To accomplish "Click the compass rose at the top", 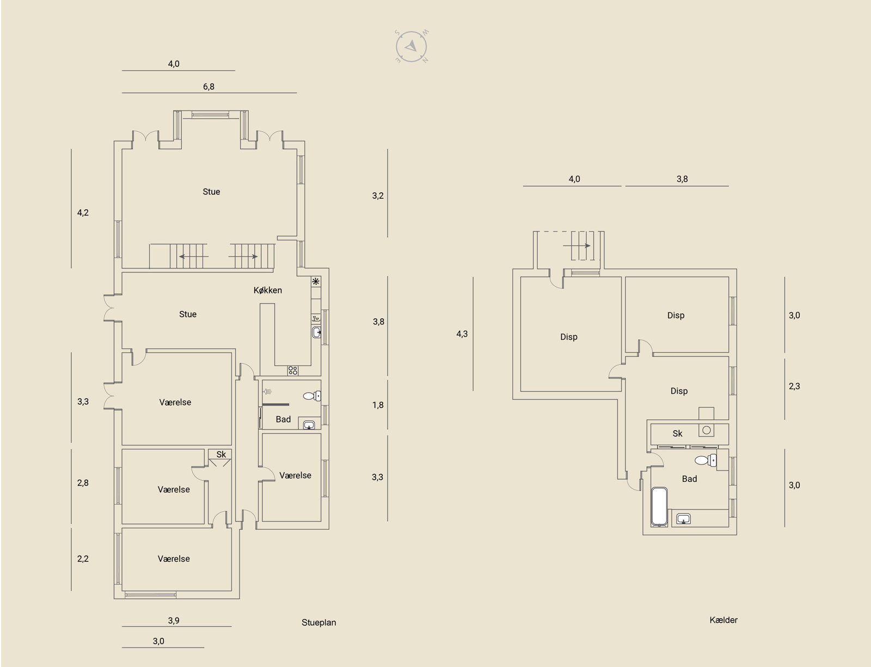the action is [x=411, y=46].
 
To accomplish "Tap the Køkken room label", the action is [x=268, y=290].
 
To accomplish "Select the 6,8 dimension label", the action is [x=208, y=87].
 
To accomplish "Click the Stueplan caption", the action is [x=318, y=622].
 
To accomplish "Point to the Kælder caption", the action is [x=723, y=620].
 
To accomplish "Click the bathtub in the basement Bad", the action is [x=659, y=506].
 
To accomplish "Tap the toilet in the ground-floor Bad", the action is [x=312, y=396].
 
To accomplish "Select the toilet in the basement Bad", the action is [x=706, y=460].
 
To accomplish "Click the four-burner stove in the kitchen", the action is [x=293, y=371].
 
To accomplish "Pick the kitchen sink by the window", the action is [x=316, y=332].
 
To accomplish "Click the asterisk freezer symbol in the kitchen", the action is [x=316, y=282].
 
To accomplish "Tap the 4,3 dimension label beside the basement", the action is [x=462, y=334].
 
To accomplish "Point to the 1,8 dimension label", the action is [x=378, y=405].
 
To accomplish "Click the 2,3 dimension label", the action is [x=794, y=387].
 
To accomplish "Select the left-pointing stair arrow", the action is [x=194, y=256].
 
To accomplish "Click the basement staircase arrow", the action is [x=577, y=246].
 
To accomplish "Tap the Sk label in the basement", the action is [x=677, y=433].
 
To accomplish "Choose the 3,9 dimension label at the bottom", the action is [x=174, y=621].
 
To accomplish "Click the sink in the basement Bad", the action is [x=683, y=519].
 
